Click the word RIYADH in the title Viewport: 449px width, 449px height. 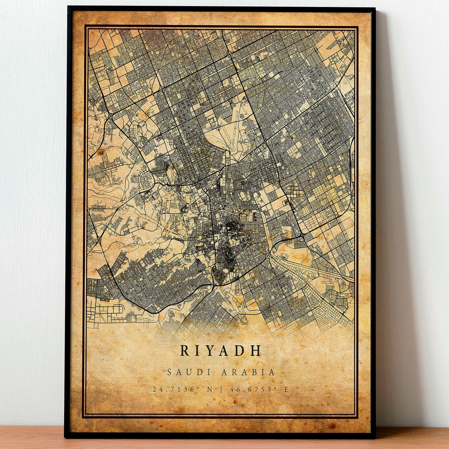(221, 351)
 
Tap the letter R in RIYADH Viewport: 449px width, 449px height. (184, 351)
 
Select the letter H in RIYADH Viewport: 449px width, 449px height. (256, 351)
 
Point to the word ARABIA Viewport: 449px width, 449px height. (248, 372)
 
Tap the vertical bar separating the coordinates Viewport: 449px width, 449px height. (221, 389)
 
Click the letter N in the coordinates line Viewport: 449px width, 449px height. (210, 389)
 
